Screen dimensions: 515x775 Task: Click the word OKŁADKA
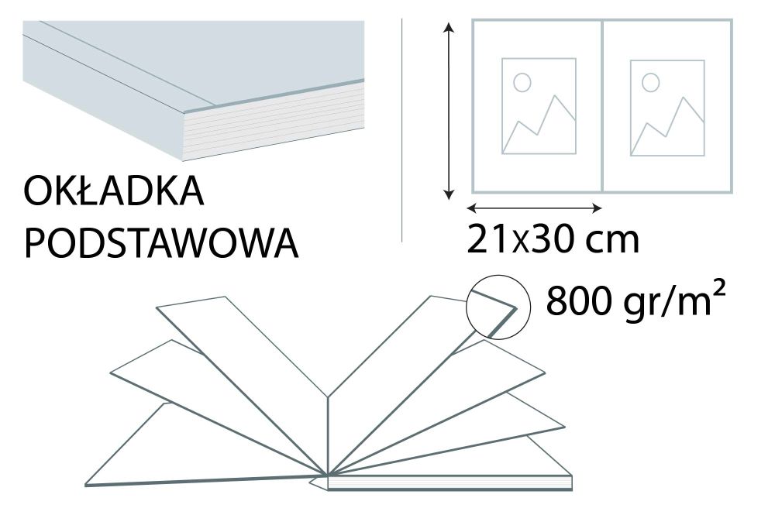pos(115,193)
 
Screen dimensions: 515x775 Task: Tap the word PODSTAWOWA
pos(162,243)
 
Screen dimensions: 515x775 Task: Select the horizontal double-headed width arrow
pos(535,208)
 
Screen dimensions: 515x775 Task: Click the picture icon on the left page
pos(538,105)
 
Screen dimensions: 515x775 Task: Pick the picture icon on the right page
pos(666,105)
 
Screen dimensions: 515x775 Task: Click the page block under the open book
pos(449,484)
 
